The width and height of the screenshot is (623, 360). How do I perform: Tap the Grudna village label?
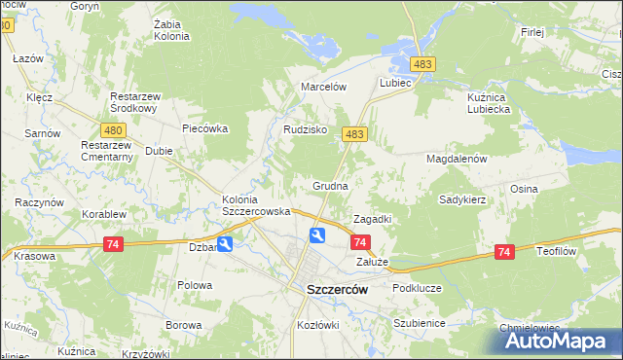331,184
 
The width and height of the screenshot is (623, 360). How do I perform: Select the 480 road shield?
113,129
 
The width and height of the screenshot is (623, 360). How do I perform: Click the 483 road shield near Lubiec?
422,63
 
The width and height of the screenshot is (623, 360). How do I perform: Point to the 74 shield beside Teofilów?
504,252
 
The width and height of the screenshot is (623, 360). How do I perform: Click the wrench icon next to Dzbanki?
225,245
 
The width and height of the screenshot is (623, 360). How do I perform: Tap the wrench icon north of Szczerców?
317,235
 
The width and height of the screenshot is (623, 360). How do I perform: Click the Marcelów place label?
324,86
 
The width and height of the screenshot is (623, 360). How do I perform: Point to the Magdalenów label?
456,158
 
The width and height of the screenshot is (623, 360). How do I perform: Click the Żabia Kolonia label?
171,29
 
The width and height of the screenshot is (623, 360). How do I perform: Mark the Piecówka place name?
204,127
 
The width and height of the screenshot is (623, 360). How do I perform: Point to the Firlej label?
532,32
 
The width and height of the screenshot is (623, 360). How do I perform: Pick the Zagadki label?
372,219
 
